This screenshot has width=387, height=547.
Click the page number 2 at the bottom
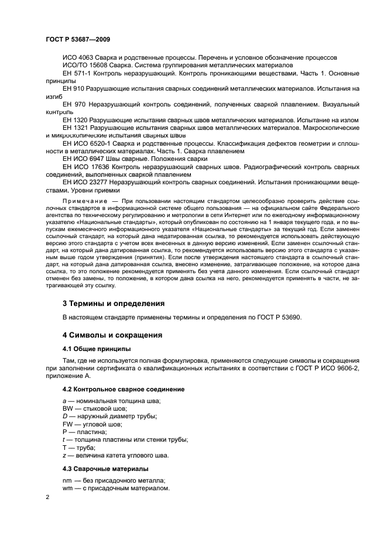pyautogui.click(x=48, y=497)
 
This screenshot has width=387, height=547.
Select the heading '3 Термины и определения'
pyautogui.click(x=114, y=303)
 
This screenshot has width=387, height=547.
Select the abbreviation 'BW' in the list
pyautogui.click(x=69, y=408)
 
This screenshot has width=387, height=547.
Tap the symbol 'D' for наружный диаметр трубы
pyautogui.click(x=65, y=416)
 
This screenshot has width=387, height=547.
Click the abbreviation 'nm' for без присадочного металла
pyautogui.click(x=67, y=480)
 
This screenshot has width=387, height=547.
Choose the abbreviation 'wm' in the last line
pyautogui.click(x=68, y=487)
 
